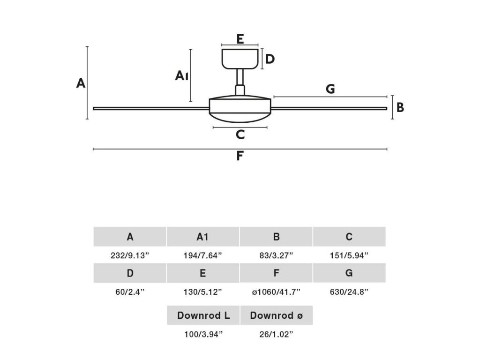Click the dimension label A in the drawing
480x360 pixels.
[x=81, y=83]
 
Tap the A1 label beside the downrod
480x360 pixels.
[x=182, y=75]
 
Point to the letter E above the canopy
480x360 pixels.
[x=240, y=39]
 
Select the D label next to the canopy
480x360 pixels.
[x=270, y=59]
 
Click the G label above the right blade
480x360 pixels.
[x=330, y=89]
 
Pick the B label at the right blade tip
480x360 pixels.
[x=400, y=108]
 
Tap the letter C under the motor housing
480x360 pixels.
[x=240, y=135]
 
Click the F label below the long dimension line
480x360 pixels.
[x=240, y=156]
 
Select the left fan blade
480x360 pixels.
[x=150, y=109]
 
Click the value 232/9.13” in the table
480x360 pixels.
[x=130, y=255]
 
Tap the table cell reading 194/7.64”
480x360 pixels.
[x=203, y=255]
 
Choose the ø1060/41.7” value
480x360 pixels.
[x=276, y=292]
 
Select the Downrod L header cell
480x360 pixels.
[x=203, y=315]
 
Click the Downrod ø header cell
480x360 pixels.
[x=277, y=315]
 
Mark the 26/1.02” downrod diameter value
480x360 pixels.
[x=277, y=334]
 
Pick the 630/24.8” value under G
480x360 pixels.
[x=349, y=292]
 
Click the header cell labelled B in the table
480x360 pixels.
[x=276, y=237]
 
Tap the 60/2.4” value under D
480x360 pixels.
[x=130, y=292]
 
